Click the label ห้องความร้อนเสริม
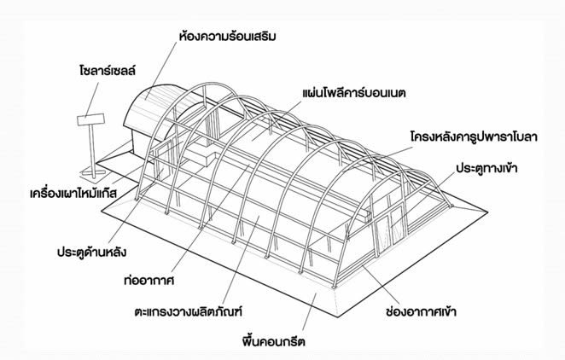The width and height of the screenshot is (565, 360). pos(227,37)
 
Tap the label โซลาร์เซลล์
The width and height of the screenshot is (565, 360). pos(108,71)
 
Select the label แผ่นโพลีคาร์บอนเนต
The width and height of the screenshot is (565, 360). pos(354,93)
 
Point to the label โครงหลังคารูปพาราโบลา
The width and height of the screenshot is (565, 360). pos(474,137)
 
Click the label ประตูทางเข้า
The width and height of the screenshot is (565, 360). pos(486,168)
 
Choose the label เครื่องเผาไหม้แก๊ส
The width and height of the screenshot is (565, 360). pos(73,194)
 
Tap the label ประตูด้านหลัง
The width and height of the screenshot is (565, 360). pos(91,252)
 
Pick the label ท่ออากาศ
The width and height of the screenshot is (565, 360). pos(149,281)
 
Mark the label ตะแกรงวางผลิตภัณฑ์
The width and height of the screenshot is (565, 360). pos(188,311)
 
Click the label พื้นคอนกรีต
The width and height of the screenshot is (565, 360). pos(273,340)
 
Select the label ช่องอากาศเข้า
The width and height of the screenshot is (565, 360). pos(421,311)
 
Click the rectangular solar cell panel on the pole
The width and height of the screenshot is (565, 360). pos(90,119)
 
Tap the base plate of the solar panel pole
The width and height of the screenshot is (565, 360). pos(93,174)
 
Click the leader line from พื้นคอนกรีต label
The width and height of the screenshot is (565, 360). pos(310,311)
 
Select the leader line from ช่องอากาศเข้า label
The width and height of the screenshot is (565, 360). pos(382,285)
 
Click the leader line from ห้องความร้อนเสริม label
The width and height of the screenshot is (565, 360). pos(161,70)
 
